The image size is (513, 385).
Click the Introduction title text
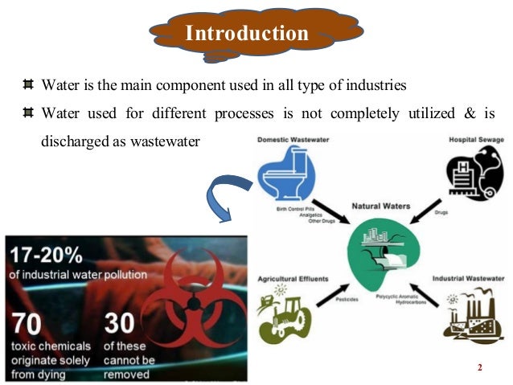pyautogui.click(x=247, y=33)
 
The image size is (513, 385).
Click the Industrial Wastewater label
pyautogui.click(x=469, y=278)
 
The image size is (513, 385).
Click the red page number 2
pyautogui.click(x=479, y=368)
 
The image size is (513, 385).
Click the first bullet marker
pyautogui.click(x=28, y=84)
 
